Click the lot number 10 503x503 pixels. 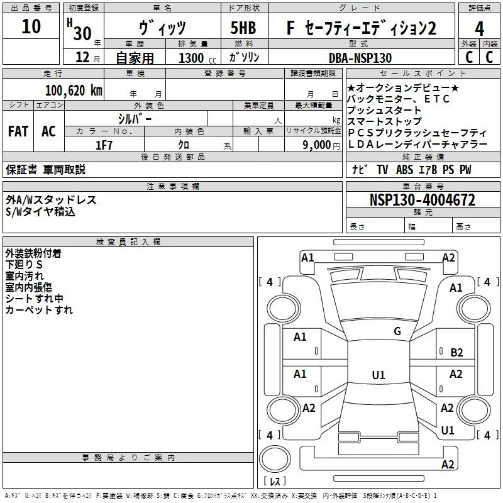(31, 26)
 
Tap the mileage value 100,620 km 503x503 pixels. (74, 91)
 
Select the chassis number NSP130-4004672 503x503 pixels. (423, 200)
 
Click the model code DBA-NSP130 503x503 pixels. (360, 58)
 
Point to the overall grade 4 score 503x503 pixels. (479, 28)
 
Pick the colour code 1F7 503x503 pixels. (104, 145)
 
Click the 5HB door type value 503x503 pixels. (243, 28)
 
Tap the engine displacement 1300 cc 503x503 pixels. (197, 58)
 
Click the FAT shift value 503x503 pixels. (18, 131)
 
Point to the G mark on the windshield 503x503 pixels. (397, 331)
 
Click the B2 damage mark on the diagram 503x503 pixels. (456, 353)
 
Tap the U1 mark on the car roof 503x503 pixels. (379, 375)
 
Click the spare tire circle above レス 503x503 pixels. (275, 459)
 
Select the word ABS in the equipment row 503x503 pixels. (404, 170)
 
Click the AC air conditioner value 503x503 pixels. (48, 131)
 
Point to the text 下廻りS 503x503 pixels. (24, 264)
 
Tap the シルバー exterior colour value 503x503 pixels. (135, 119)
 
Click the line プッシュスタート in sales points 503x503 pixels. (384, 110)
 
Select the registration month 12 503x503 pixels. (82, 57)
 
